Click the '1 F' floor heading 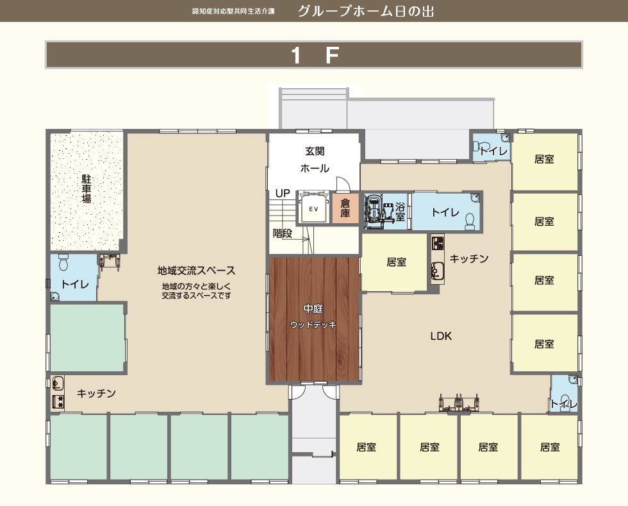pyautogui.click(x=313, y=55)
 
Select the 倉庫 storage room pyautogui.click(x=345, y=208)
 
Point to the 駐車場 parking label pyautogui.click(x=86, y=189)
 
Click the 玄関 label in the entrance pyautogui.click(x=314, y=151)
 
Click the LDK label pyautogui.click(x=441, y=335)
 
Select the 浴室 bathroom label pyautogui.click(x=401, y=212)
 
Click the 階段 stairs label pyautogui.click(x=282, y=233)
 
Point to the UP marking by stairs pyautogui.click(x=283, y=193)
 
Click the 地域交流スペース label pyautogui.click(x=196, y=271)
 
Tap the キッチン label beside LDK pyautogui.click(x=468, y=258)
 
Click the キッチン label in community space pyautogui.click(x=96, y=393)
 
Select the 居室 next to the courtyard pyautogui.click(x=396, y=262)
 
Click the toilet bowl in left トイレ pyautogui.click(x=63, y=263)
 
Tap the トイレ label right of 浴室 pyautogui.click(x=444, y=212)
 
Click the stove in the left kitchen pyautogui.click(x=58, y=402)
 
